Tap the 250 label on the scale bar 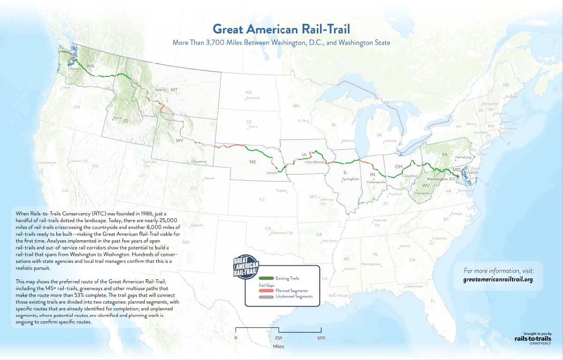(x=278, y=337)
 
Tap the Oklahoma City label (x=282, y=233)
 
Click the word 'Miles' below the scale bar (x=278, y=346)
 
